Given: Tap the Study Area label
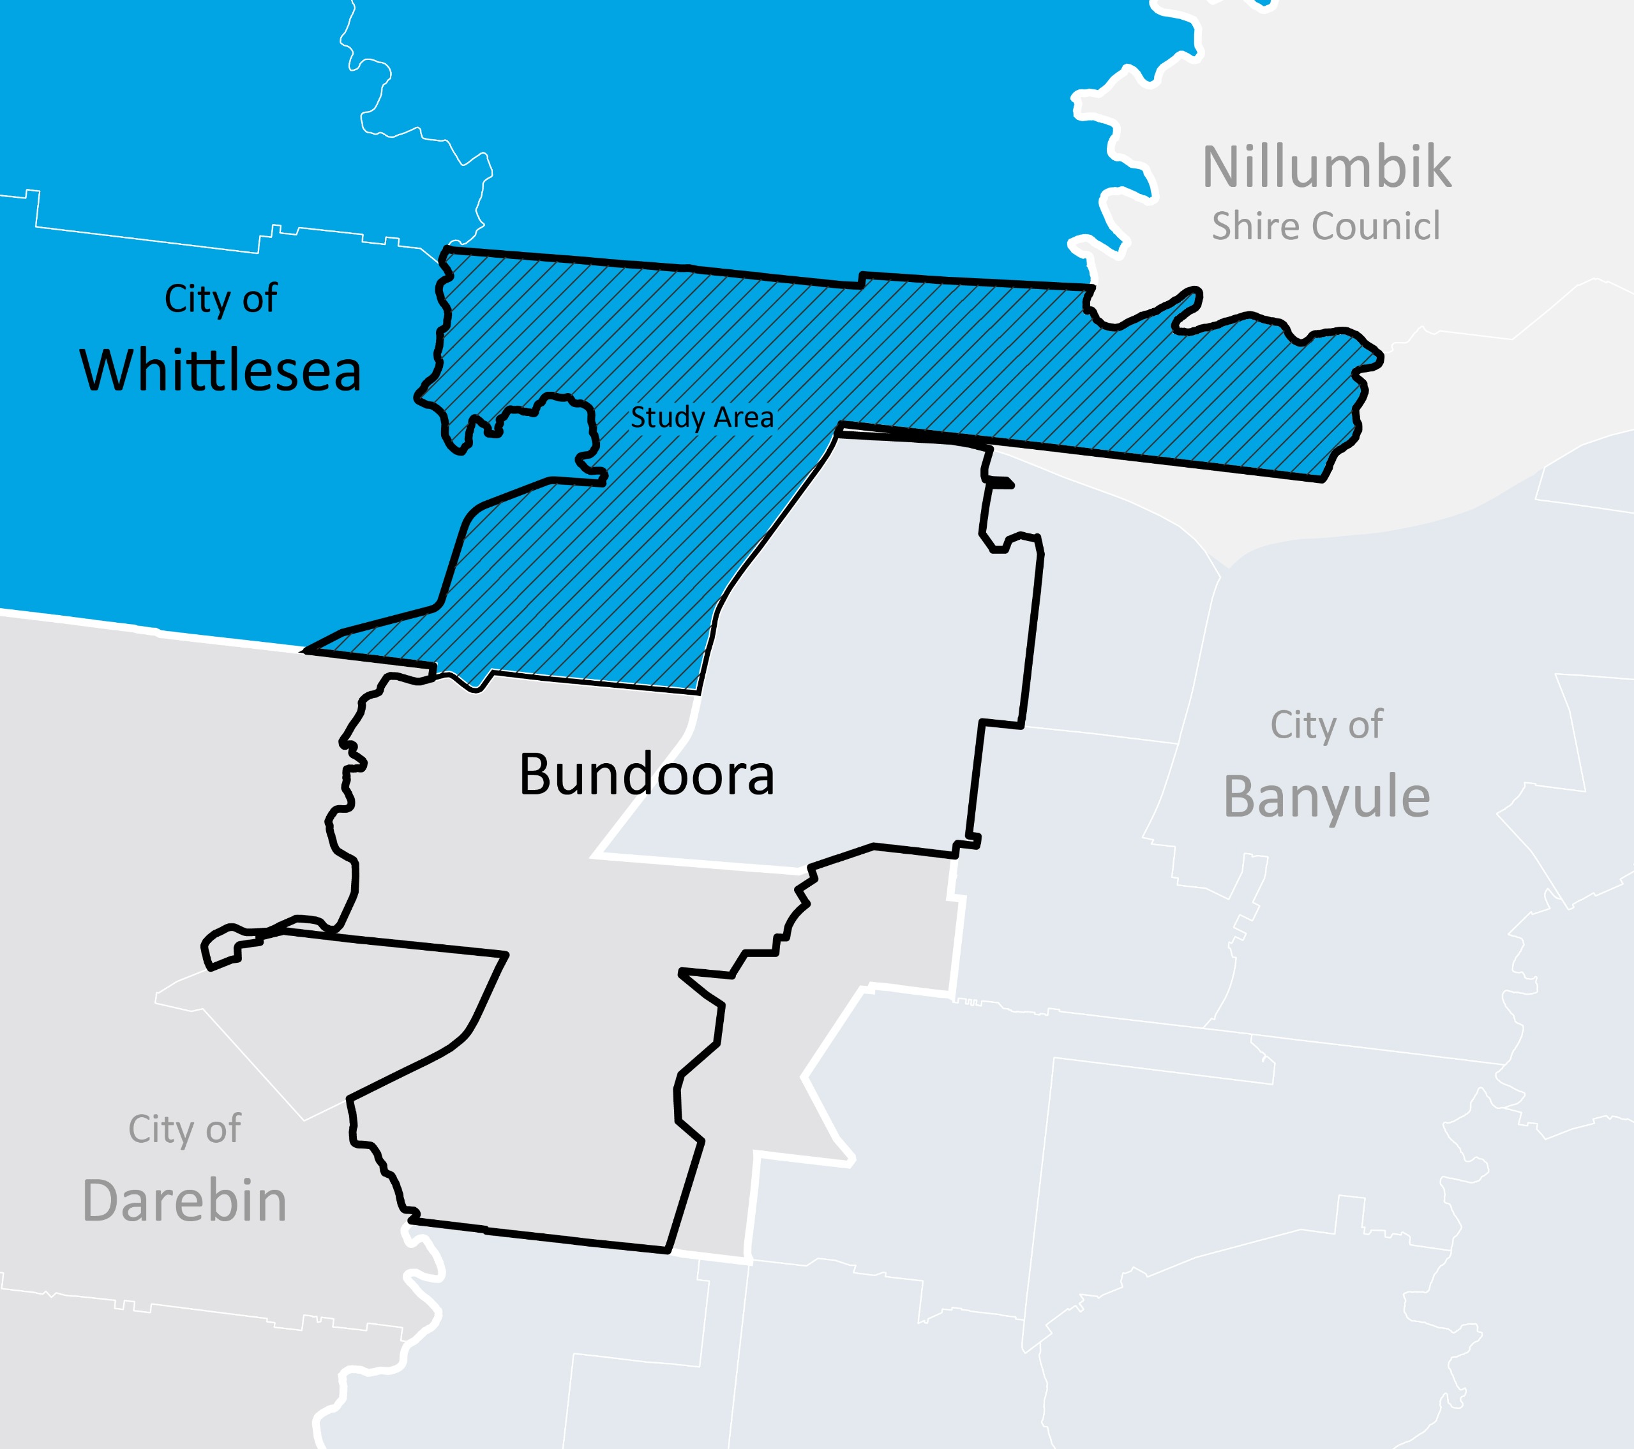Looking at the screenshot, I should click(x=702, y=417).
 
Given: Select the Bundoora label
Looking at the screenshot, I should click(x=647, y=775).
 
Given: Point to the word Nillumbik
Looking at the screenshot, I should click(x=1327, y=167).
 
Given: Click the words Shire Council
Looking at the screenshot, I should click(x=1326, y=226).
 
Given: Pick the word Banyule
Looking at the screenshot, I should click(x=1326, y=797).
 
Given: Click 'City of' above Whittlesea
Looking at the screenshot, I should click(x=221, y=299).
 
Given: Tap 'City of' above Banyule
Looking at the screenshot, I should click(x=1326, y=725).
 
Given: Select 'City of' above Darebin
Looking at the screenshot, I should click(x=184, y=1129).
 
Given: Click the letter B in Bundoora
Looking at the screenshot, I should click(x=538, y=775).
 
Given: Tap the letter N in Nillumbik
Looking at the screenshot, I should click(x=1222, y=167).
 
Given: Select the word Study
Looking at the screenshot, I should click(x=668, y=417).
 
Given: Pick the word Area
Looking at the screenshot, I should click(x=744, y=417).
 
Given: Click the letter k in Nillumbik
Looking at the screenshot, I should click(x=1435, y=167).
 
